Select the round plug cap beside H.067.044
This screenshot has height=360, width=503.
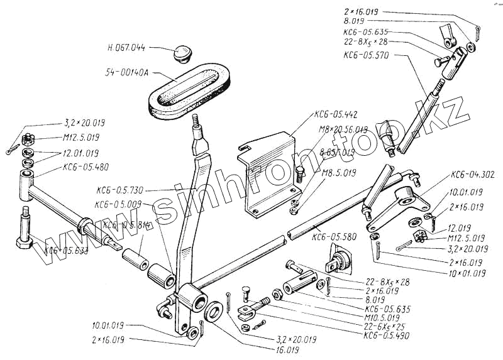tap(184, 53)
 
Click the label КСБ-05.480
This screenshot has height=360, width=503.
tap(86, 168)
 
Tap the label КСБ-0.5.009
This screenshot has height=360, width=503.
tap(119, 204)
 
